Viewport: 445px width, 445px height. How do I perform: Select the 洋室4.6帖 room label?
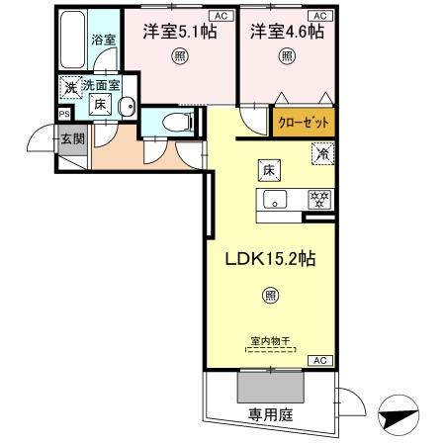[x=286, y=32]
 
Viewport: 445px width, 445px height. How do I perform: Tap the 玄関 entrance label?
[x=71, y=138]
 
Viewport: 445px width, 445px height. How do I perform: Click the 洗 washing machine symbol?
[x=70, y=88]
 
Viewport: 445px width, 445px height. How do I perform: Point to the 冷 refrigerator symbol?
[x=322, y=153]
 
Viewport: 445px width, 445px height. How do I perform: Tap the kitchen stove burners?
[x=319, y=198]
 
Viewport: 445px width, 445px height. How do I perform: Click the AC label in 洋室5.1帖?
[x=221, y=17]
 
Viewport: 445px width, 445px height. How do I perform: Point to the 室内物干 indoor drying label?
[x=269, y=341]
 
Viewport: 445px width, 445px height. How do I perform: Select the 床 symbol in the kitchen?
[x=268, y=169]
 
